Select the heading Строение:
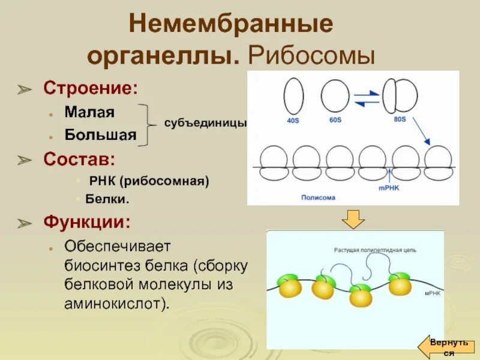click(x=90, y=88)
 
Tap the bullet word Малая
click(x=90, y=112)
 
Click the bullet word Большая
click(x=101, y=135)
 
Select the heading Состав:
click(x=80, y=159)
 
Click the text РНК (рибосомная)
click(x=149, y=181)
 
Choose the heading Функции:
click(x=86, y=222)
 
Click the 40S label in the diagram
click(x=293, y=120)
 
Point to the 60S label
click(x=334, y=120)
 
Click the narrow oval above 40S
click(x=293, y=97)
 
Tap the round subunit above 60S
click(x=335, y=95)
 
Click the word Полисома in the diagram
click(x=318, y=197)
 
